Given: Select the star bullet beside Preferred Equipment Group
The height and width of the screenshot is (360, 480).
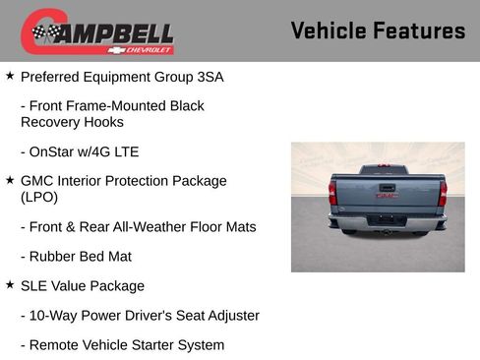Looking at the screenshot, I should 10,75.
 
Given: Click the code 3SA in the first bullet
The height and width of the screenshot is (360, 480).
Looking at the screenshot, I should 209,76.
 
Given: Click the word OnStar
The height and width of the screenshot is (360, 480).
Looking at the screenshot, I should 57,151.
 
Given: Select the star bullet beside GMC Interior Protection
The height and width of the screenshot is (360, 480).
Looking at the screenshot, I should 10,180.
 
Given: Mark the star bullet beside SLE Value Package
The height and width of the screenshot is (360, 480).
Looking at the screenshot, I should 10,285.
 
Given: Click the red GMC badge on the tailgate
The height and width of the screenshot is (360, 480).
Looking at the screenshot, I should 385,196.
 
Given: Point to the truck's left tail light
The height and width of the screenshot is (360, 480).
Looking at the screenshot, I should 333,194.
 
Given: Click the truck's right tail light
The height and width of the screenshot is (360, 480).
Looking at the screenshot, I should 443,194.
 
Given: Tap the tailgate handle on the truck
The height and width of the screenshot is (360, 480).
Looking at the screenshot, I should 388,185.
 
